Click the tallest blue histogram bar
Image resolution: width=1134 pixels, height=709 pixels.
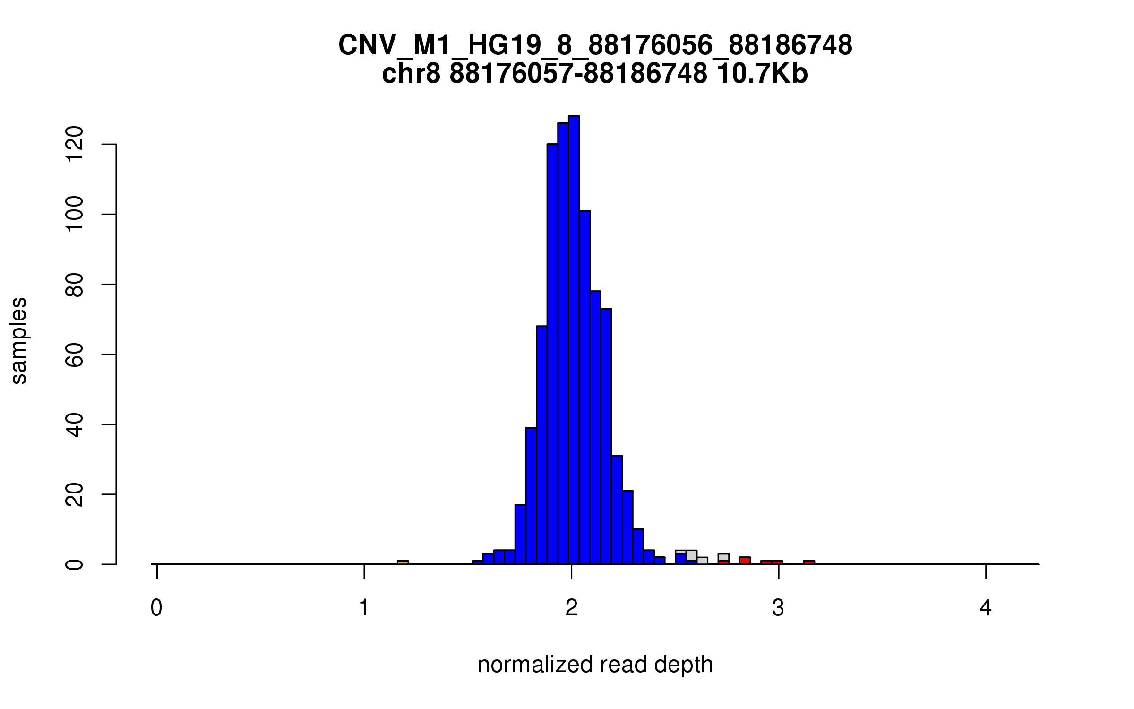pos(574,340)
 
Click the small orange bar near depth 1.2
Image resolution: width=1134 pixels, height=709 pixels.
pos(403,562)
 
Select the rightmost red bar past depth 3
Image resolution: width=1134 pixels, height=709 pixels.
pos(809,562)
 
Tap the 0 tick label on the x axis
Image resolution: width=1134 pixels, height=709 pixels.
pos(156,608)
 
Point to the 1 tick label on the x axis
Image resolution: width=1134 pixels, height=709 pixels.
pos(364,608)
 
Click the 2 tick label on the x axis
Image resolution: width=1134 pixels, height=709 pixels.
pos(571,608)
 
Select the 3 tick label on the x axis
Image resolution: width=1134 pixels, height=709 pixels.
pos(778,608)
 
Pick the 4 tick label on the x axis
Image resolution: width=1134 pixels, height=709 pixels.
pos(986,608)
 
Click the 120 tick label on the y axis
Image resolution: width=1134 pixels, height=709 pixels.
pos(75,144)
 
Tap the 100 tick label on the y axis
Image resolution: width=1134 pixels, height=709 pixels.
pos(75,214)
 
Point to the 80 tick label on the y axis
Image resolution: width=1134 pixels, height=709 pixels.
pos(75,284)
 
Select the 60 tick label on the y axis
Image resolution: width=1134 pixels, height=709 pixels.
pos(75,354)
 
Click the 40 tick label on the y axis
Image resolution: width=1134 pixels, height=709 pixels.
pos(75,424)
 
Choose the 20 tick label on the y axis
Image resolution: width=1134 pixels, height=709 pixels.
pos(75,494)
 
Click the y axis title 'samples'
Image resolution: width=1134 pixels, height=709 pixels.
pos(19,340)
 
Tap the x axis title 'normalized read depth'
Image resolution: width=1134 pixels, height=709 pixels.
pos(595,665)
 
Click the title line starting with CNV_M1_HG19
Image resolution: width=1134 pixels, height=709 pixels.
pos(595,45)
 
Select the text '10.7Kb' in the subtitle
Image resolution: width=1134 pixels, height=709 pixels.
pos(762,74)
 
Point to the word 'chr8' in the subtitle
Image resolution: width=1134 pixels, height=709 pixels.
pos(411,74)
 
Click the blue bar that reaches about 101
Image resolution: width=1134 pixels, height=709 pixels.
pos(584,388)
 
